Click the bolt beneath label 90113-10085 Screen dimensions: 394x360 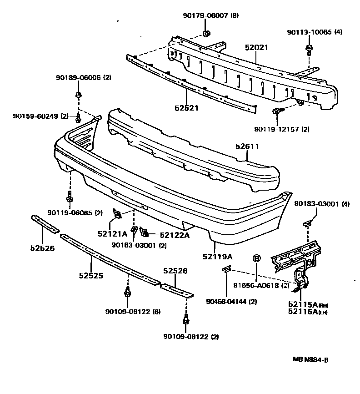point(309,48)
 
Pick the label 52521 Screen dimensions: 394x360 point(186,108)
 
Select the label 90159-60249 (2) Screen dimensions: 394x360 point(40,116)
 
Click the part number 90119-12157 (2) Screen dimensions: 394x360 point(282,129)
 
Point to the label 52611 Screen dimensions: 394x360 point(247,146)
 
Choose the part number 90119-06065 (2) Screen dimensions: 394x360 point(75,212)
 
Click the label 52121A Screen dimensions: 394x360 point(112,234)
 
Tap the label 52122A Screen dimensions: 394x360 point(175,235)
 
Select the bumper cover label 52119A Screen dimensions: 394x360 point(218,257)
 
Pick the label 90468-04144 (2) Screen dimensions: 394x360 point(231,301)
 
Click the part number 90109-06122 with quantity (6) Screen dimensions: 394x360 point(133,311)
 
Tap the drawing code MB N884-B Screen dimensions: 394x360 point(310,359)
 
